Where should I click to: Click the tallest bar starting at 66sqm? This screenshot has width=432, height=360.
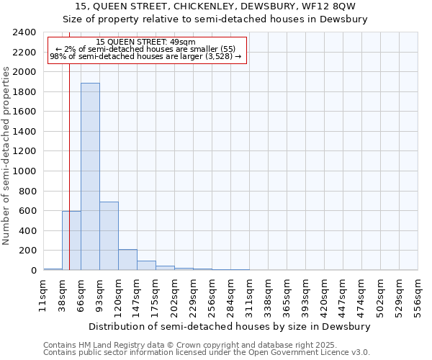tap(90, 176)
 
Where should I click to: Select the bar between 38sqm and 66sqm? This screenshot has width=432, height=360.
tap(71, 240)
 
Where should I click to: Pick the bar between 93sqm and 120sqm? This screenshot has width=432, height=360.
tap(109, 236)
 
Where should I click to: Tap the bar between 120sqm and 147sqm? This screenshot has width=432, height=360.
tap(127, 260)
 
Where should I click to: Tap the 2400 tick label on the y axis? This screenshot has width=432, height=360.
tap(24, 32)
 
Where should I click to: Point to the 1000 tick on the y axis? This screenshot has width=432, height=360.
tap(24, 171)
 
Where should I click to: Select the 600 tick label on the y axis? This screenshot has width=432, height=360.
tap(27, 211)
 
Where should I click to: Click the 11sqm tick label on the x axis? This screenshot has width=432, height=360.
tap(43, 296)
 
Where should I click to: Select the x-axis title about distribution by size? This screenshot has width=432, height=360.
tap(230, 326)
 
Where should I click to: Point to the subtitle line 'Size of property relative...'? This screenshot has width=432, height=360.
tap(215, 19)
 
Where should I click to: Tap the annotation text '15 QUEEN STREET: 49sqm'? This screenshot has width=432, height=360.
tap(145, 42)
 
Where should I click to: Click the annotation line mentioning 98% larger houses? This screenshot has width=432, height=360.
tap(145, 57)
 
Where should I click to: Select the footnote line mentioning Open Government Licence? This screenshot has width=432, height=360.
tap(207, 353)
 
